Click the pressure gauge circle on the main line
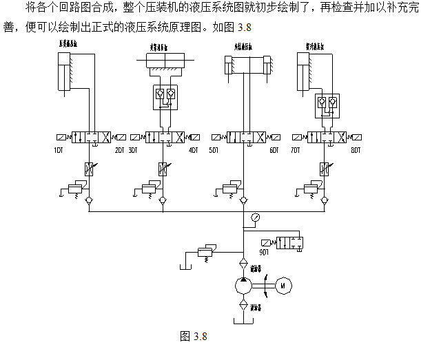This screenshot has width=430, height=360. (256, 218)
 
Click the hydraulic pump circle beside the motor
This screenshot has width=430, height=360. (243, 284)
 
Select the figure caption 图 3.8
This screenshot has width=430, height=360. (193, 337)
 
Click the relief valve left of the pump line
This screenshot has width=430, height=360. (205, 252)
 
